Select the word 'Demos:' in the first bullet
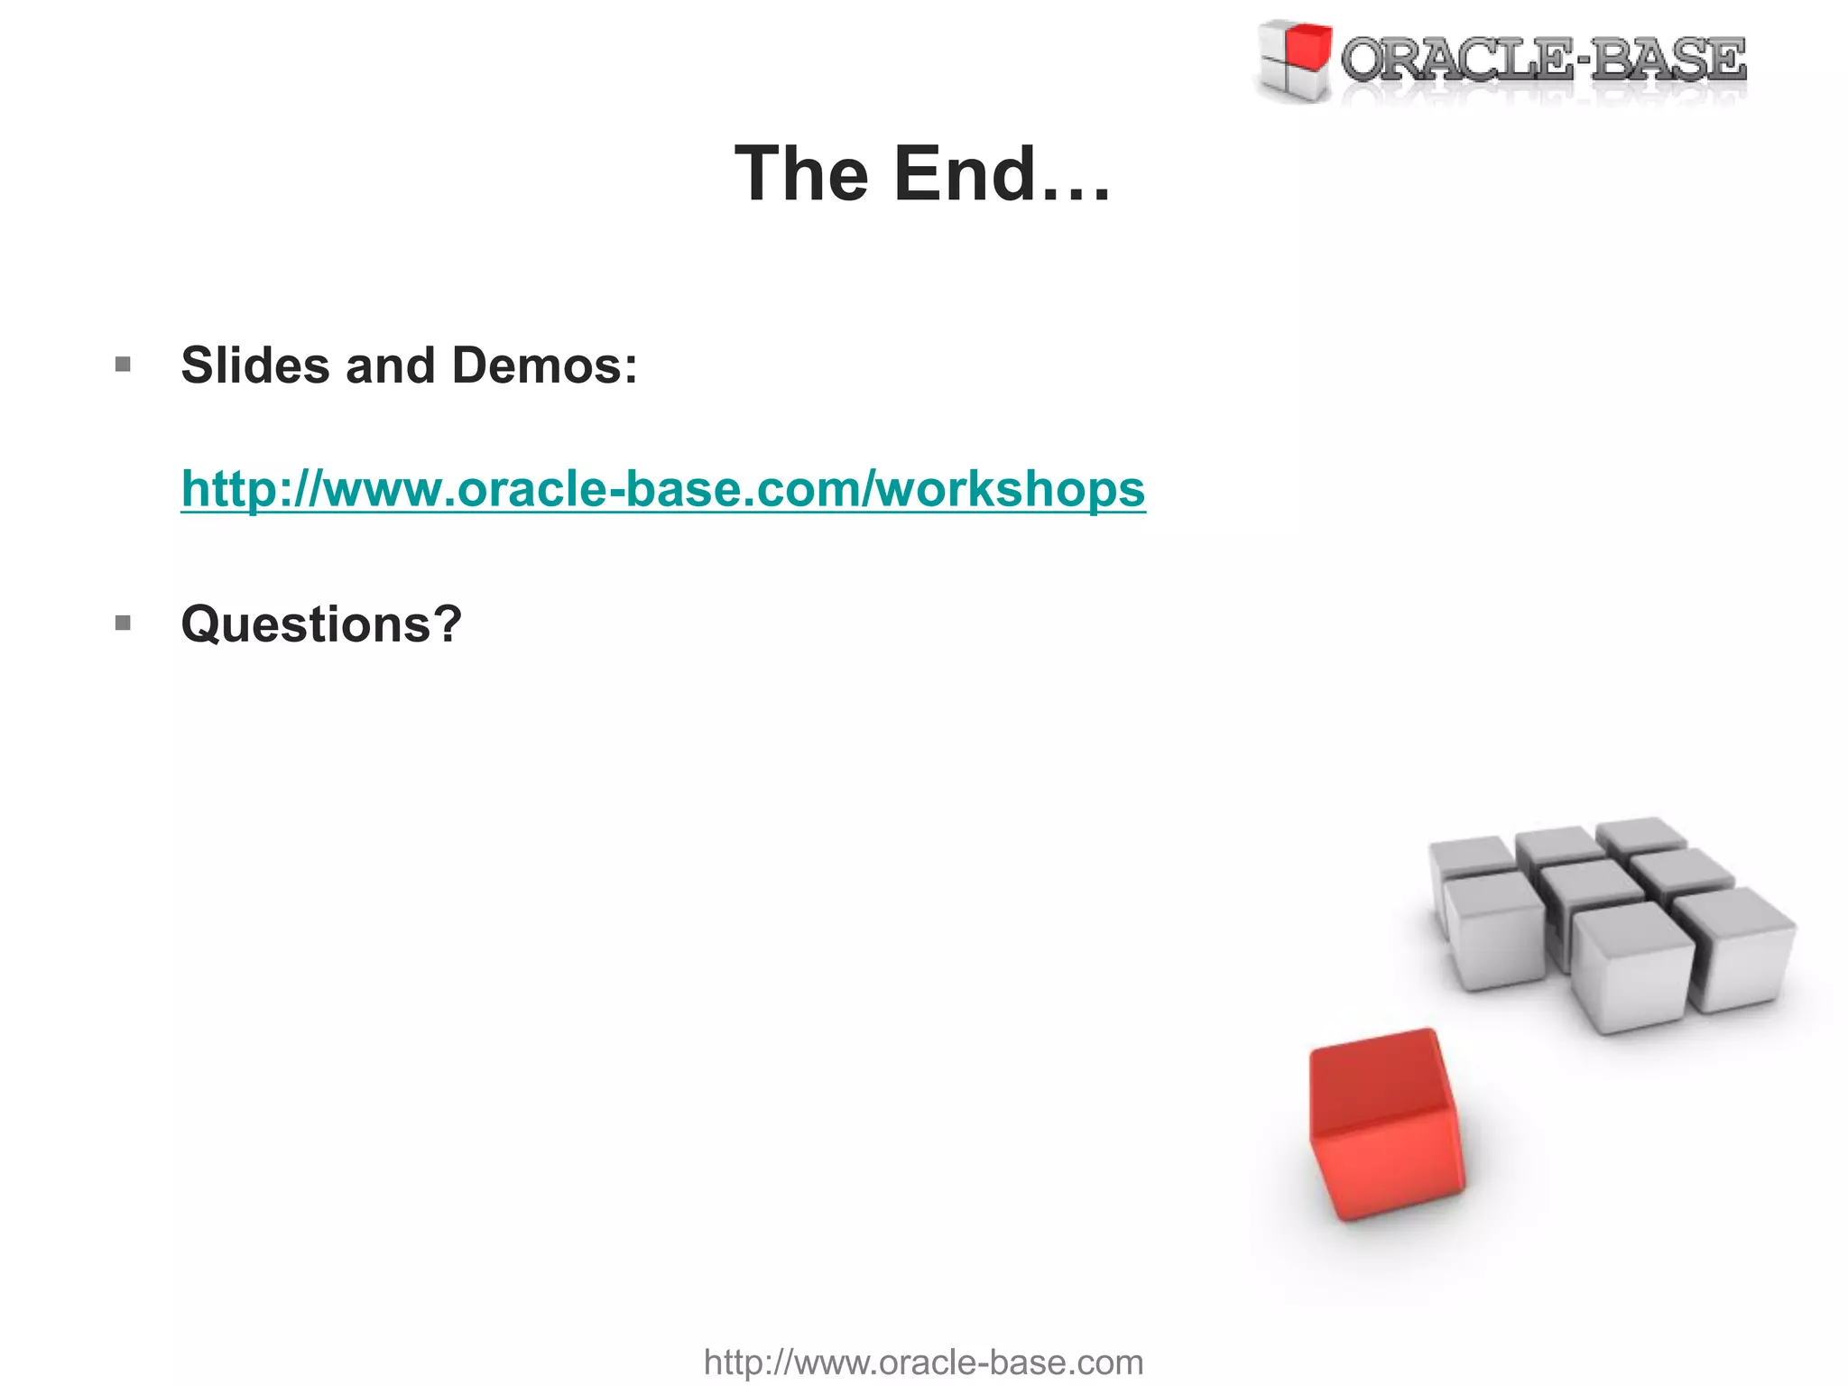click(x=544, y=365)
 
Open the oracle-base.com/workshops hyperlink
click(x=663, y=488)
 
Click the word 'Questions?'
click(x=321, y=624)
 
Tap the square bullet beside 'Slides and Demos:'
click(x=124, y=365)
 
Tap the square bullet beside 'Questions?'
click(x=124, y=624)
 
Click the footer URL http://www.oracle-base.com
click(x=923, y=1362)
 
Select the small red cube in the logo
click(x=1307, y=46)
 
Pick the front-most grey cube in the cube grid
click(x=1631, y=970)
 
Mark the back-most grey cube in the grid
click(x=1640, y=833)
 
